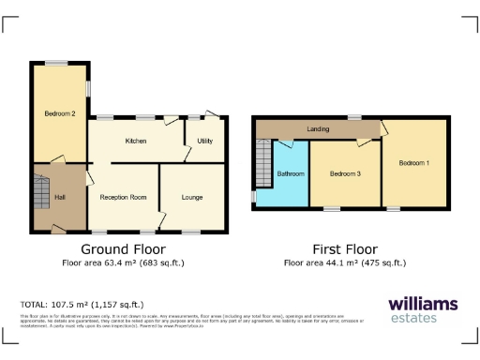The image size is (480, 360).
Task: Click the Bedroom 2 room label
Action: [59, 113]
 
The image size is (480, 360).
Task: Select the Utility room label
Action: [204, 141]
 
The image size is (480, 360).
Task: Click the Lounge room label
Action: [192, 197]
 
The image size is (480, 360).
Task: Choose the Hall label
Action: [59, 197]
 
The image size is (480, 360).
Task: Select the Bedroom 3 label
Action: [345, 174]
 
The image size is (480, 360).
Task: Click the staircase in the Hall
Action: [40, 195]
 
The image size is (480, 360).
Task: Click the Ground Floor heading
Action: [123, 249]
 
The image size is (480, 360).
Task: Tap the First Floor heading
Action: [344, 249]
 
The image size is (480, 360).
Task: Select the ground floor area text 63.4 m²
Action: [123, 263]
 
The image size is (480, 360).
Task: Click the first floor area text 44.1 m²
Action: [344, 263]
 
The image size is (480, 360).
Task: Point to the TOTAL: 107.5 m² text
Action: [82, 305]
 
